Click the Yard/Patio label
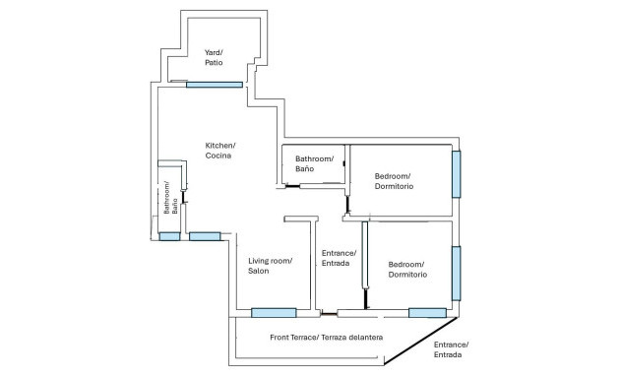[x=214, y=57]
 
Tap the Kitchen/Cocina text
[x=220, y=151]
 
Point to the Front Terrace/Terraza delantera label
[x=326, y=338]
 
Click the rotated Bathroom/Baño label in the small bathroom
[x=171, y=199]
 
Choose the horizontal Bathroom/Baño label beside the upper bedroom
[x=314, y=164]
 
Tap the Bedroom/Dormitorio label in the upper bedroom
[x=394, y=181]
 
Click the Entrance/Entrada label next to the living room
[x=339, y=258]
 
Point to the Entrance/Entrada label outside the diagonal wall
[x=451, y=349]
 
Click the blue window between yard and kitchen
[x=214, y=85]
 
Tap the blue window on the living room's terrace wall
[x=274, y=313]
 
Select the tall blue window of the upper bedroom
[x=456, y=173]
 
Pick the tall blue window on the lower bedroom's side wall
[x=456, y=272]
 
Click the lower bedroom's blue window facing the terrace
[x=427, y=313]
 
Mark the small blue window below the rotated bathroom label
[x=169, y=236]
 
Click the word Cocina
[x=218, y=157]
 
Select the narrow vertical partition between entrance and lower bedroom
[x=365, y=266]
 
